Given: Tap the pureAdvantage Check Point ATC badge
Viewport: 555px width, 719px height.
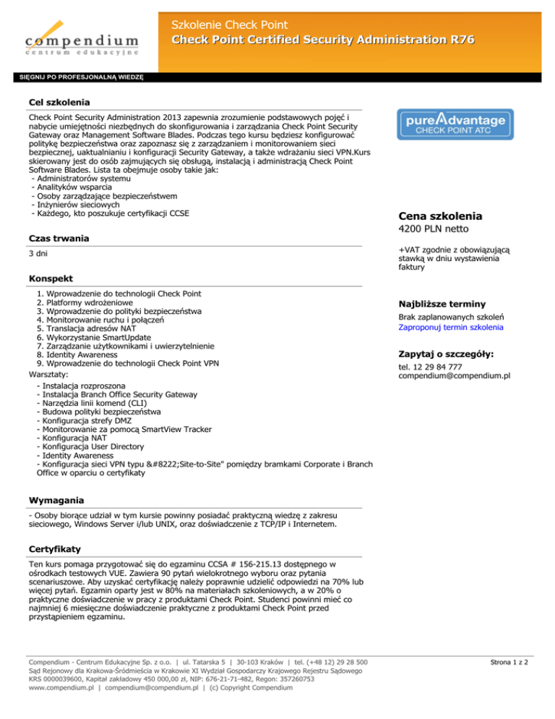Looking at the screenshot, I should tap(455, 124).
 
